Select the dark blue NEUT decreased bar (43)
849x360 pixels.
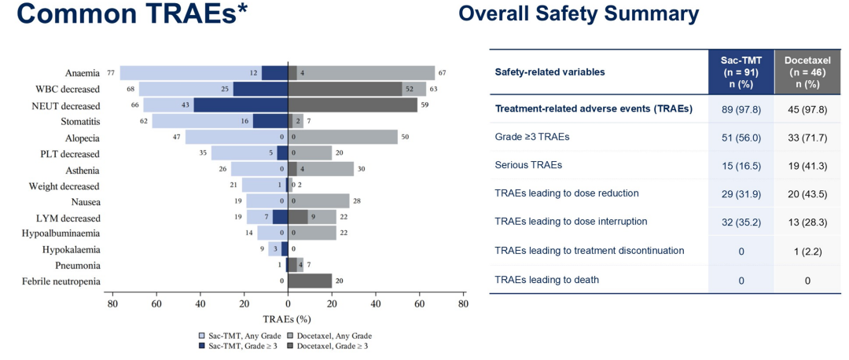[241, 105]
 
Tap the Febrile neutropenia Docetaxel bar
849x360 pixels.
[310, 281]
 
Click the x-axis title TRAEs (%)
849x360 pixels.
[287, 321]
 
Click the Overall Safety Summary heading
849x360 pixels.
[579, 13]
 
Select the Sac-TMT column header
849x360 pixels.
[741, 72]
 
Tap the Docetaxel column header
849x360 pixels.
[807, 72]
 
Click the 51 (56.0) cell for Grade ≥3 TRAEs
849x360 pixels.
[741, 136]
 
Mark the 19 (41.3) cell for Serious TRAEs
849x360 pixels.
[807, 165]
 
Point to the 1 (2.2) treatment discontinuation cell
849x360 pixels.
[807, 250]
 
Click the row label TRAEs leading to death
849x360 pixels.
[546, 279]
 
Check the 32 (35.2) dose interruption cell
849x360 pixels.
[741, 222]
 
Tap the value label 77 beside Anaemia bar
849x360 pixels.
[112, 73]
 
